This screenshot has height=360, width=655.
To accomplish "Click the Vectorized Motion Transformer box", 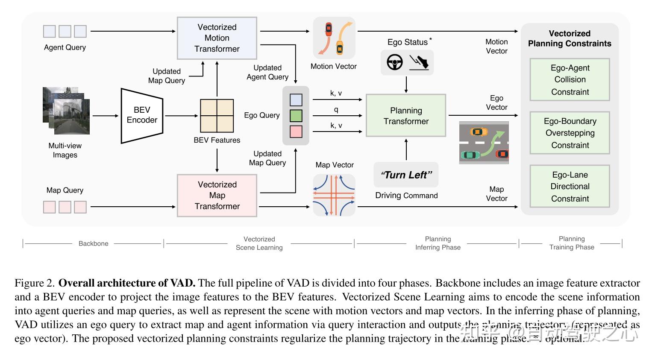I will (x=217, y=38).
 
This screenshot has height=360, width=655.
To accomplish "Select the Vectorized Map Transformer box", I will (x=217, y=195).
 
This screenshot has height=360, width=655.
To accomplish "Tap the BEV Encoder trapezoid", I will (x=142, y=115).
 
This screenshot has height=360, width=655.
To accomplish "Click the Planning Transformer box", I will (x=406, y=115).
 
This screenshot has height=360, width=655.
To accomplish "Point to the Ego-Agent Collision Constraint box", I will (x=570, y=79).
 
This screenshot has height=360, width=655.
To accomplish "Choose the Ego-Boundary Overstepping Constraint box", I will (x=570, y=133).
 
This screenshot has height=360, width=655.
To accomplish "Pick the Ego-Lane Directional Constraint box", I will (x=570, y=186).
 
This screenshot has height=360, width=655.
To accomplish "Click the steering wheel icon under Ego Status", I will (x=395, y=62).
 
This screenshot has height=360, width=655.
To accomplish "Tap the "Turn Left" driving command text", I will (x=406, y=175).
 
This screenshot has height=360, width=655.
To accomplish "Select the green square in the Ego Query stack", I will (x=296, y=116).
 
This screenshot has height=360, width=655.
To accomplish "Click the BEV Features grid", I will (x=217, y=116).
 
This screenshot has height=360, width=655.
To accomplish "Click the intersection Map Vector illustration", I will (x=334, y=195).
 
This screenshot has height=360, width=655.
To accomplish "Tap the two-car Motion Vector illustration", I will (x=334, y=38).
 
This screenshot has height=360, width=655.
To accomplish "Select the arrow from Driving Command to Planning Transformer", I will (x=406, y=149).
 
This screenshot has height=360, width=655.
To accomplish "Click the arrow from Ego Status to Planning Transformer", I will (x=406, y=85).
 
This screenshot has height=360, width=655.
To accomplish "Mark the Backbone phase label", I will (x=93, y=243).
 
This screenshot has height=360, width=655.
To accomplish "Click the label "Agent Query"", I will (x=65, y=47).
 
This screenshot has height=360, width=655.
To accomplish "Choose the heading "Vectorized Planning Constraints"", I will (x=570, y=38).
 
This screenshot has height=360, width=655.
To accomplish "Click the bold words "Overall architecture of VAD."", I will (x=127, y=283).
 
